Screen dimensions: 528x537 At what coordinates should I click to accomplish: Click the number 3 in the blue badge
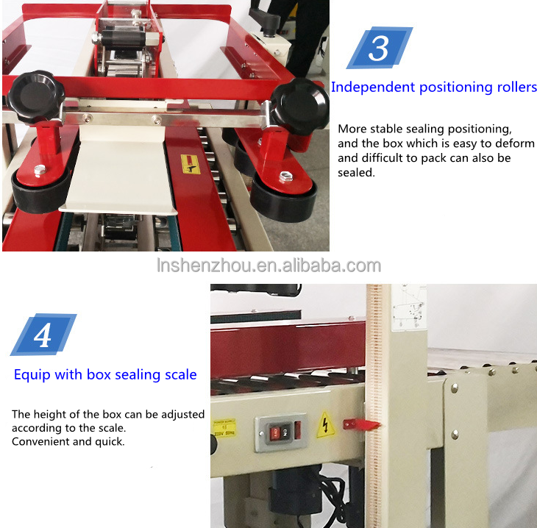click(379, 48)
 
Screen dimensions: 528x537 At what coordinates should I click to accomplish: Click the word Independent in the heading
click(372, 87)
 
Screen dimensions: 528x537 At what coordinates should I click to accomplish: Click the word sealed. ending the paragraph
click(356, 173)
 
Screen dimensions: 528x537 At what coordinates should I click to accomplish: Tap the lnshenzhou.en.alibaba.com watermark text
click(268, 265)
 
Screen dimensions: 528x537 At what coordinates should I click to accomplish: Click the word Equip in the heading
click(31, 374)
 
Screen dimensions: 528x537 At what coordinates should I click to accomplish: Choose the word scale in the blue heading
click(179, 374)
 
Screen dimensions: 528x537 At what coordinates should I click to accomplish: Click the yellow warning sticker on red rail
click(191, 164)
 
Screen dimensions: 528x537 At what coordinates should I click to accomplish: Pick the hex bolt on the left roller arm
click(40, 171)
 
